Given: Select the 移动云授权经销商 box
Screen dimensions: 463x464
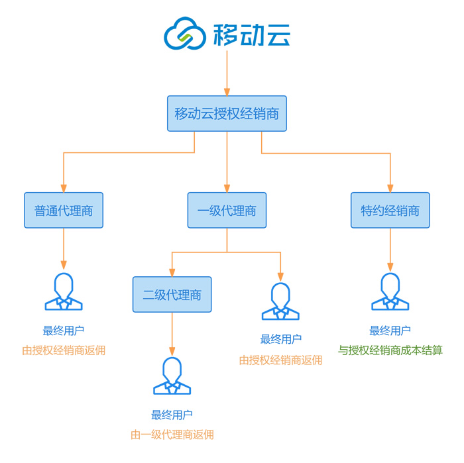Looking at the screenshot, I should coord(227,113).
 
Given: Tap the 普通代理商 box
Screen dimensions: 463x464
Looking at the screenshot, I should coord(64,211).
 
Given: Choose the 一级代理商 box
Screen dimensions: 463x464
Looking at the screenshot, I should coord(227,211).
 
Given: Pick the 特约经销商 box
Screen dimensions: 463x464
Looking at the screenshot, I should coord(390,211).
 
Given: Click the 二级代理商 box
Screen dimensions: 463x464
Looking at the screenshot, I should coord(172,295).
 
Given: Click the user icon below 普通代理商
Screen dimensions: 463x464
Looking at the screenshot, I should coord(64,292).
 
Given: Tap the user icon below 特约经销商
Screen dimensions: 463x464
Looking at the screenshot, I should coord(390,292).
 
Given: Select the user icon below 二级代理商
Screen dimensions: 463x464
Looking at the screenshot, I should coord(172,376).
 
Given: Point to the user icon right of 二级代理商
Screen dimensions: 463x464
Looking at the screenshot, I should coord(280,301).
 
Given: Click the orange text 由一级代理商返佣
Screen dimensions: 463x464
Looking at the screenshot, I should coord(172,435).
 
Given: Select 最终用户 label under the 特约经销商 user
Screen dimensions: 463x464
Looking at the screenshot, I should coord(390,331).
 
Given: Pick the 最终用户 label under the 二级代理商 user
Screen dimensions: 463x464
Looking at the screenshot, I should coord(172,415).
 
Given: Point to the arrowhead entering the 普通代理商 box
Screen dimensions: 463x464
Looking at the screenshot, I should coord(64,188).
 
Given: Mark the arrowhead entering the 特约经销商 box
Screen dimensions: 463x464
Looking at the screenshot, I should coord(390,188).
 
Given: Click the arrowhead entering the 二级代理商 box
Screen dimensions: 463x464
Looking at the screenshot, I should coord(172,272).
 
